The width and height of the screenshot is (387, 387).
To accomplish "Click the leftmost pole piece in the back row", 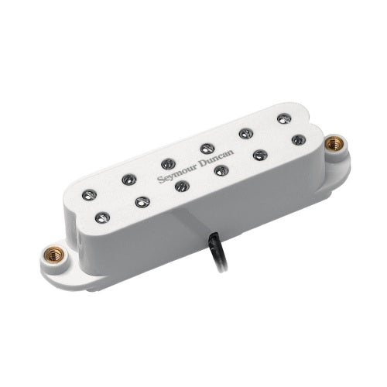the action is click(x=89, y=195).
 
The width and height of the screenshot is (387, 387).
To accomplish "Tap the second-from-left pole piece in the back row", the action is click(x=128, y=179).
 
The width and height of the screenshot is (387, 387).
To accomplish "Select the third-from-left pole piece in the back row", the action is click(x=168, y=164).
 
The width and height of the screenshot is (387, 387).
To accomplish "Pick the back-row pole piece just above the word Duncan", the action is click(x=207, y=149).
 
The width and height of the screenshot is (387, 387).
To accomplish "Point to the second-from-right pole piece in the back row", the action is click(x=246, y=133).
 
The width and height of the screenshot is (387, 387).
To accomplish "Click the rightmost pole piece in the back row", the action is click(x=284, y=118).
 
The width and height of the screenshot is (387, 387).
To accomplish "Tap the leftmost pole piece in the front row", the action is click(x=102, y=217).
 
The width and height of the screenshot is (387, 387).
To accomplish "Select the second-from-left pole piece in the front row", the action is click(x=142, y=202).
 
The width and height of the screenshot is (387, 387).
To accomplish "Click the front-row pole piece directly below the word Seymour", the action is click(x=182, y=186).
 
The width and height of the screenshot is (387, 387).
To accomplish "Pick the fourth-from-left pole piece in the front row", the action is click(x=221, y=170).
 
